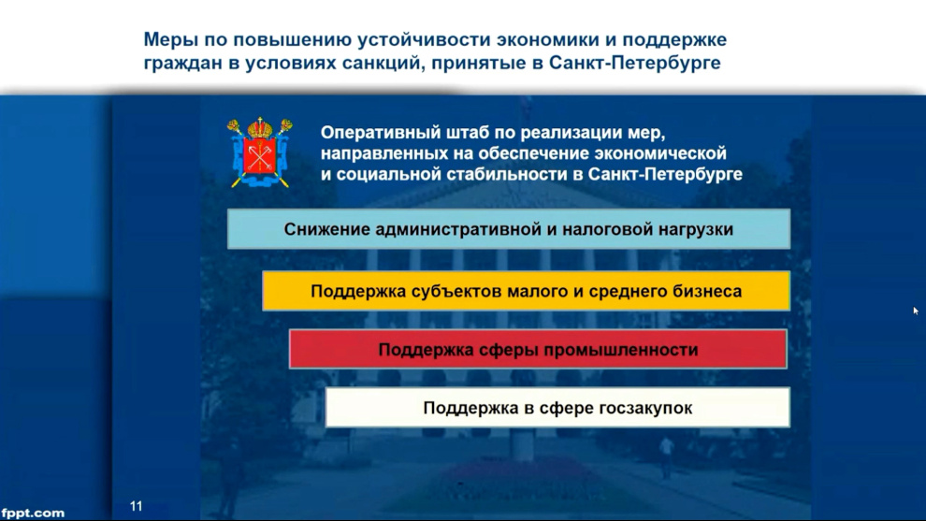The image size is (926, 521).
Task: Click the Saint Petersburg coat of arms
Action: (x=260, y=152)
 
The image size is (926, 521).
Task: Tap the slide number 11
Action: (x=136, y=506)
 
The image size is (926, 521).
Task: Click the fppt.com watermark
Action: (x=33, y=513)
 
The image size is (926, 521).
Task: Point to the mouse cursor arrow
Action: (x=916, y=311)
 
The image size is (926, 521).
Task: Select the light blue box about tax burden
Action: (x=509, y=228)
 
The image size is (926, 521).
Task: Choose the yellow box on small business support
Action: (x=526, y=291)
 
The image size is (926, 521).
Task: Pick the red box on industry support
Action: (x=538, y=349)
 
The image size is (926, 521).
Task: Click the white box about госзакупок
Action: (x=557, y=408)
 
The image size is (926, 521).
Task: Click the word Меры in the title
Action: (x=170, y=39)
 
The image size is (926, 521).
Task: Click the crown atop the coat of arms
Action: (x=260, y=126)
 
